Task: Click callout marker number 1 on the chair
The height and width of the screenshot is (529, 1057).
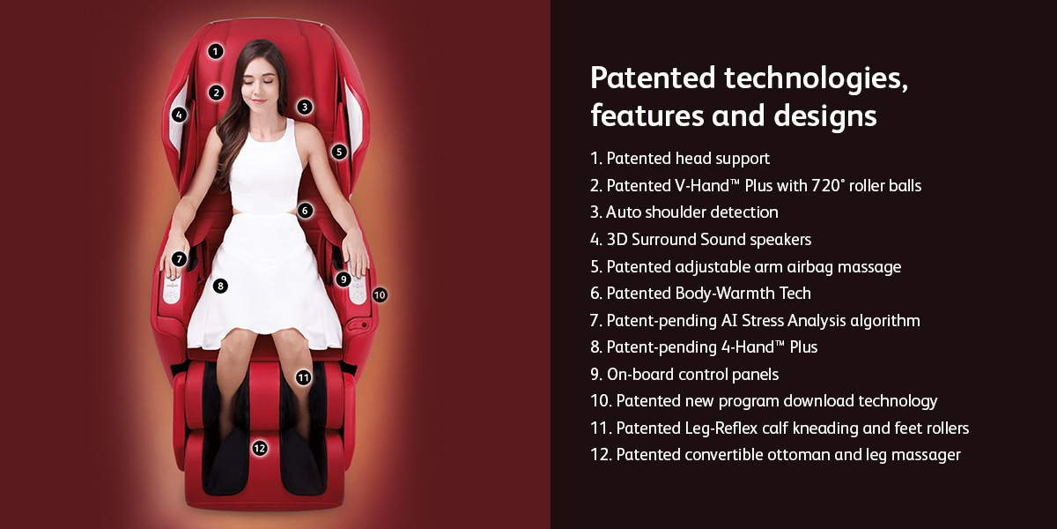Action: tap(216, 51)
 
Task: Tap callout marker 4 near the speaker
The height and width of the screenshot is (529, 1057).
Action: tap(179, 115)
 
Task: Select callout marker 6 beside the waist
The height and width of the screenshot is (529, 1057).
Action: tap(305, 211)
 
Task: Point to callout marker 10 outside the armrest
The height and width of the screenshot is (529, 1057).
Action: tap(380, 295)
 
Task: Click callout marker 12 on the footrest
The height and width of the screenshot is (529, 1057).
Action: tap(260, 448)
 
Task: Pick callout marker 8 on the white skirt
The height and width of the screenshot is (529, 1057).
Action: tap(220, 286)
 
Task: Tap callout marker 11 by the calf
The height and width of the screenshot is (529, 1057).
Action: tap(303, 378)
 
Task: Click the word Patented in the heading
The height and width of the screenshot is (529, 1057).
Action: tap(653, 78)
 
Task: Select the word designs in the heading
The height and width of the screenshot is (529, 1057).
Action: tap(825, 116)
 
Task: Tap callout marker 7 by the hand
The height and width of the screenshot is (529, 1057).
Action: tap(179, 259)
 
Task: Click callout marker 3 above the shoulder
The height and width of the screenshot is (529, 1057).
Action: tap(305, 108)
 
